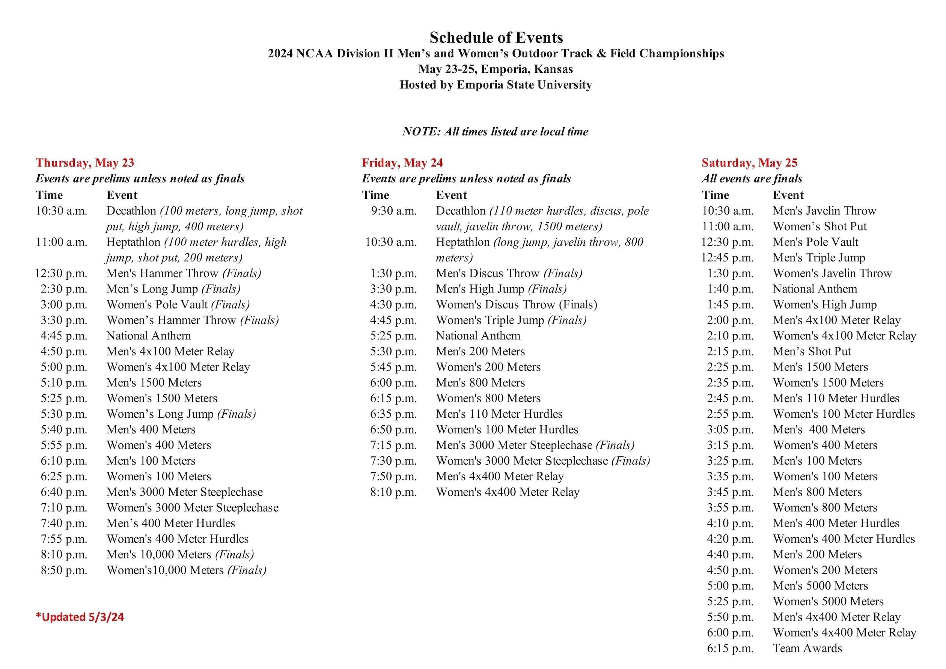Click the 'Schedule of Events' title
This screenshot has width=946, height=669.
click(496, 37)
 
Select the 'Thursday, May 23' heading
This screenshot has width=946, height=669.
click(85, 163)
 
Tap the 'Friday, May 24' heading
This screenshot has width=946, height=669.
click(402, 163)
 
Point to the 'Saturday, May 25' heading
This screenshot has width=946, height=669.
click(749, 163)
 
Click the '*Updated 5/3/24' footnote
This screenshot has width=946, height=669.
click(80, 616)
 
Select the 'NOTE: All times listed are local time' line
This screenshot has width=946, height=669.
click(495, 131)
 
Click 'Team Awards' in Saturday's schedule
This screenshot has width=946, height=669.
click(807, 648)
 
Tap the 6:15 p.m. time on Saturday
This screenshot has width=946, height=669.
click(730, 648)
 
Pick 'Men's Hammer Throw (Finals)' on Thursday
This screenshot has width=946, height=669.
click(184, 273)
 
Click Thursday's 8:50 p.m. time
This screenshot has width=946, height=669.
click(64, 570)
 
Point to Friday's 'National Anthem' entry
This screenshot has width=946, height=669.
click(478, 336)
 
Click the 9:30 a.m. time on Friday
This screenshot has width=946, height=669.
click(393, 211)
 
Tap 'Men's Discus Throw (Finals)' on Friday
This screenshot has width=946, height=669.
click(509, 273)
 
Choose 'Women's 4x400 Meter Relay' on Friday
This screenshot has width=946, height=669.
click(508, 492)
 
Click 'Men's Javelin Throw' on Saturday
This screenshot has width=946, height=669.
click(824, 211)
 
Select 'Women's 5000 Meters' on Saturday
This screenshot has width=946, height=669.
click(828, 601)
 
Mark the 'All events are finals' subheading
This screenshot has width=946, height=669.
click(752, 178)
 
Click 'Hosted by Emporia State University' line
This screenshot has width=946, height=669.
click(496, 84)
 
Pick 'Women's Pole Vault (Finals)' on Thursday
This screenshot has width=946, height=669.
click(178, 304)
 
